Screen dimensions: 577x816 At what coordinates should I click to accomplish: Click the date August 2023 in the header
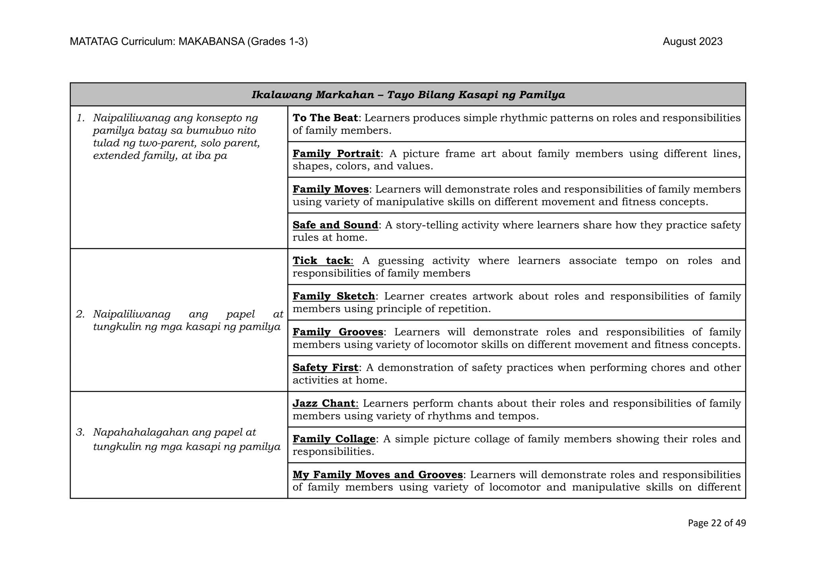point(692,42)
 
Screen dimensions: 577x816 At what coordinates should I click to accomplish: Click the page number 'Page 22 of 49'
point(716,523)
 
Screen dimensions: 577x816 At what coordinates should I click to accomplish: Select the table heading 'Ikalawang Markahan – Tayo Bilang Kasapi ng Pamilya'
point(408,95)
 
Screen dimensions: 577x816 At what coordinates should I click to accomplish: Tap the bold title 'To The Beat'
point(325,118)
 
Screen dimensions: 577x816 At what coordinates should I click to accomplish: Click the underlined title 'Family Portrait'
point(336,154)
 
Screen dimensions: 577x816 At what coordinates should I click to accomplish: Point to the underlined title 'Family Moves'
point(330,189)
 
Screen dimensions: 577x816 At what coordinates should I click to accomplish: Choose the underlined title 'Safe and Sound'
point(335,225)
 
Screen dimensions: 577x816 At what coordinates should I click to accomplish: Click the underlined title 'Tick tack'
point(322,260)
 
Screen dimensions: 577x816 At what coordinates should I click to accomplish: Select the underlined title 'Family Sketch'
point(333,296)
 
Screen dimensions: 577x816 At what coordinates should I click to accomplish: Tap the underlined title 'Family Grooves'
point(338,332)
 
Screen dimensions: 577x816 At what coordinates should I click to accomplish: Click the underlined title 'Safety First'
point(325,368)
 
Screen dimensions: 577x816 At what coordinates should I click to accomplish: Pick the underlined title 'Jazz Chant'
point(324,403)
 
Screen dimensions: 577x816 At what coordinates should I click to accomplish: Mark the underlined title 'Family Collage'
point(334,439)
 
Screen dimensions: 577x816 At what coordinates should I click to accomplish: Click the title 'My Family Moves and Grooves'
point(377,475)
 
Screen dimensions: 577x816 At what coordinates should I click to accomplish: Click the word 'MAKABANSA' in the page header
point(211,42)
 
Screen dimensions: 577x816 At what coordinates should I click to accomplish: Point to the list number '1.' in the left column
point(81,118)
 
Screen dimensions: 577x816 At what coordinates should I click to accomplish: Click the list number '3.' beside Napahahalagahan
point(80,432)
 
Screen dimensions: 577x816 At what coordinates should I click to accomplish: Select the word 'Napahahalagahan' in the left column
point(141,432)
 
